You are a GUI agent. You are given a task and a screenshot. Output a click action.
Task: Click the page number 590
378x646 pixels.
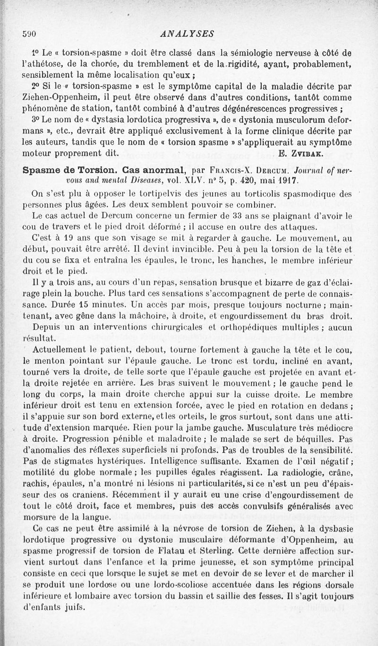click(x=30, y=34)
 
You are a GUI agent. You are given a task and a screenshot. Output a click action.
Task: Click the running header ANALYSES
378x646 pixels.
click(x=188, y=34)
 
